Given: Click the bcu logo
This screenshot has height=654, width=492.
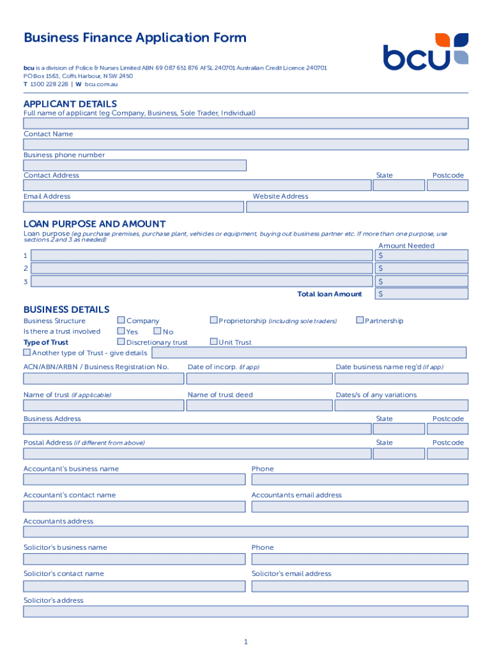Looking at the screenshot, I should pos(426,51).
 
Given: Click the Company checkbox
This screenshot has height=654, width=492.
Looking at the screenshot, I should pos(121,320).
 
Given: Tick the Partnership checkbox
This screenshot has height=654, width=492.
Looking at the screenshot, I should pos(360,320).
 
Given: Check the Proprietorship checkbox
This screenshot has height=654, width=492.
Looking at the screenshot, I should pos(214,320).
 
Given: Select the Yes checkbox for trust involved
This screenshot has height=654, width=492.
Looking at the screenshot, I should pos(121,331).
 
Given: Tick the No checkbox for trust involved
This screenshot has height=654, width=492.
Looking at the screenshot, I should pos(157,331).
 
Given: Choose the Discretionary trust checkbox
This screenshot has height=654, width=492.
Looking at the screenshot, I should pos(121,342).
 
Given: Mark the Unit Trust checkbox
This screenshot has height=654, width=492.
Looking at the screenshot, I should pos(214,342).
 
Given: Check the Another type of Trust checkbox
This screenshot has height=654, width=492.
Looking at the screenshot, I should pos(27,352).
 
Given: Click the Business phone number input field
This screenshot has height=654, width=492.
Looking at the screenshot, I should pos(135,165).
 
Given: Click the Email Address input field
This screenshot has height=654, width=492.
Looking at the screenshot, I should pos(134,207).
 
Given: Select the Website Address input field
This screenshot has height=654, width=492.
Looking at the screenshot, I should pos(357,207).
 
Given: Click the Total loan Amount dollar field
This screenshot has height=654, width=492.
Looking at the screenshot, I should pos(422,294).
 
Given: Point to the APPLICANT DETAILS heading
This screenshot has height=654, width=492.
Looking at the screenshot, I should pos(70,103).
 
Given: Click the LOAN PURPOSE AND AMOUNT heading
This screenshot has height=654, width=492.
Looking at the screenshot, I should pos(95,224).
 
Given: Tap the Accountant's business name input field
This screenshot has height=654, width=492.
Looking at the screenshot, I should pos(134,480).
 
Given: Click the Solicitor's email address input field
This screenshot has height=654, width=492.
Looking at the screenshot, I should pos(360,585).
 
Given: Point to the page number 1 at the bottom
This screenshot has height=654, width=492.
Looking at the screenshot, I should pos(245,641).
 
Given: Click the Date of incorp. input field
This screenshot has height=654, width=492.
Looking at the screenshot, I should pos(259,378).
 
